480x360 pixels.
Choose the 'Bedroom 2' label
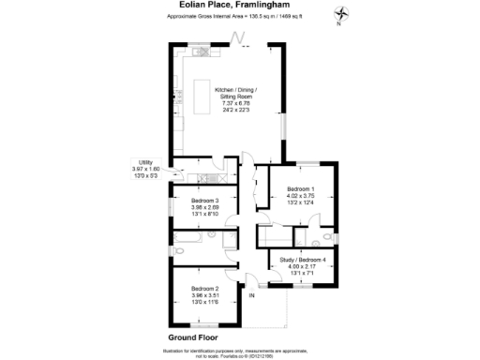pyautogui.click(x=204, y=288)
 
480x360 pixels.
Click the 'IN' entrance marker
pyautogui.click(x=251, y=296)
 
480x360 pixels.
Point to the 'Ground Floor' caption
pyautogui.click(x=193, y=336)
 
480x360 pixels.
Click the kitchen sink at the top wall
pyautogui.click(x=207, y=52)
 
